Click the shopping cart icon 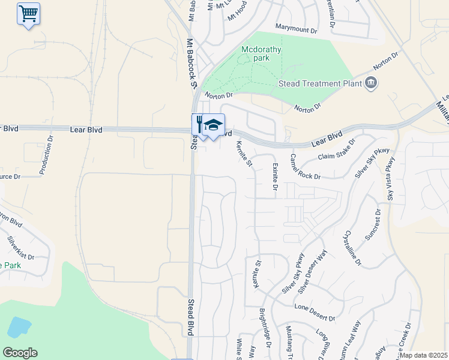[28, 13]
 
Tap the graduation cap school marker [213, 125]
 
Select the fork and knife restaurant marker [199, 124]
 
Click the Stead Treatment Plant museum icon [371, 82]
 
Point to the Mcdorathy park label [261, 54]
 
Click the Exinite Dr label [275, 178]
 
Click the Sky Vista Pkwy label [391, 178]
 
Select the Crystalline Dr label [352, 247]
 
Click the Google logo [20, 353]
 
